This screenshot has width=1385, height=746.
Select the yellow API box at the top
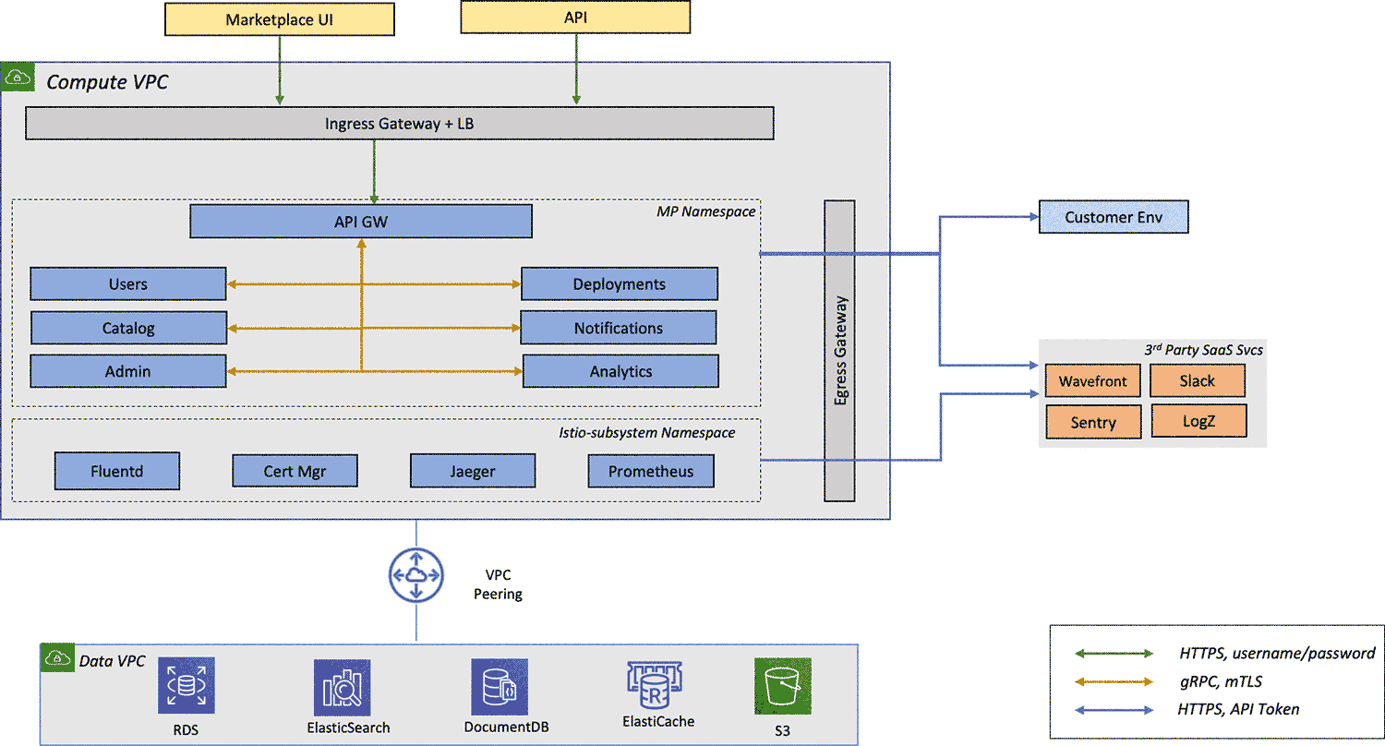pos(575,18)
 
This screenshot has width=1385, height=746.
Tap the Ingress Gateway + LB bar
pos(399,124)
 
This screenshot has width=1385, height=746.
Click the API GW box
pos(360,222)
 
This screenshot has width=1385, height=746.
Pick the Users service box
pos(127,283)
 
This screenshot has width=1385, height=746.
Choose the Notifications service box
pos(619,328)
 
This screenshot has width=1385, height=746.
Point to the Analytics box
pos(620,371)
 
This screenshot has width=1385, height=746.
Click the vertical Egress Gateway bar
pos(839,351)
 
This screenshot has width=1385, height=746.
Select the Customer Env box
pos(1113,218)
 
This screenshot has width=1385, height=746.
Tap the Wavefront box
pos(1093,380)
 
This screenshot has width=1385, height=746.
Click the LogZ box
pos(1198,422)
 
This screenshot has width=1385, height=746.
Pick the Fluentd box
pos(116,471)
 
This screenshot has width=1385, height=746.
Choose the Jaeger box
pos(472,471)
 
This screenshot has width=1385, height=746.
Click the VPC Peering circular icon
pos(415,575)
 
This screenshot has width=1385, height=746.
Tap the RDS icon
pos(186,686)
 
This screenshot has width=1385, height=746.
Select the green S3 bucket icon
pos(782,686)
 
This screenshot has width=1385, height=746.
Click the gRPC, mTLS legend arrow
pos(1114,681)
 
